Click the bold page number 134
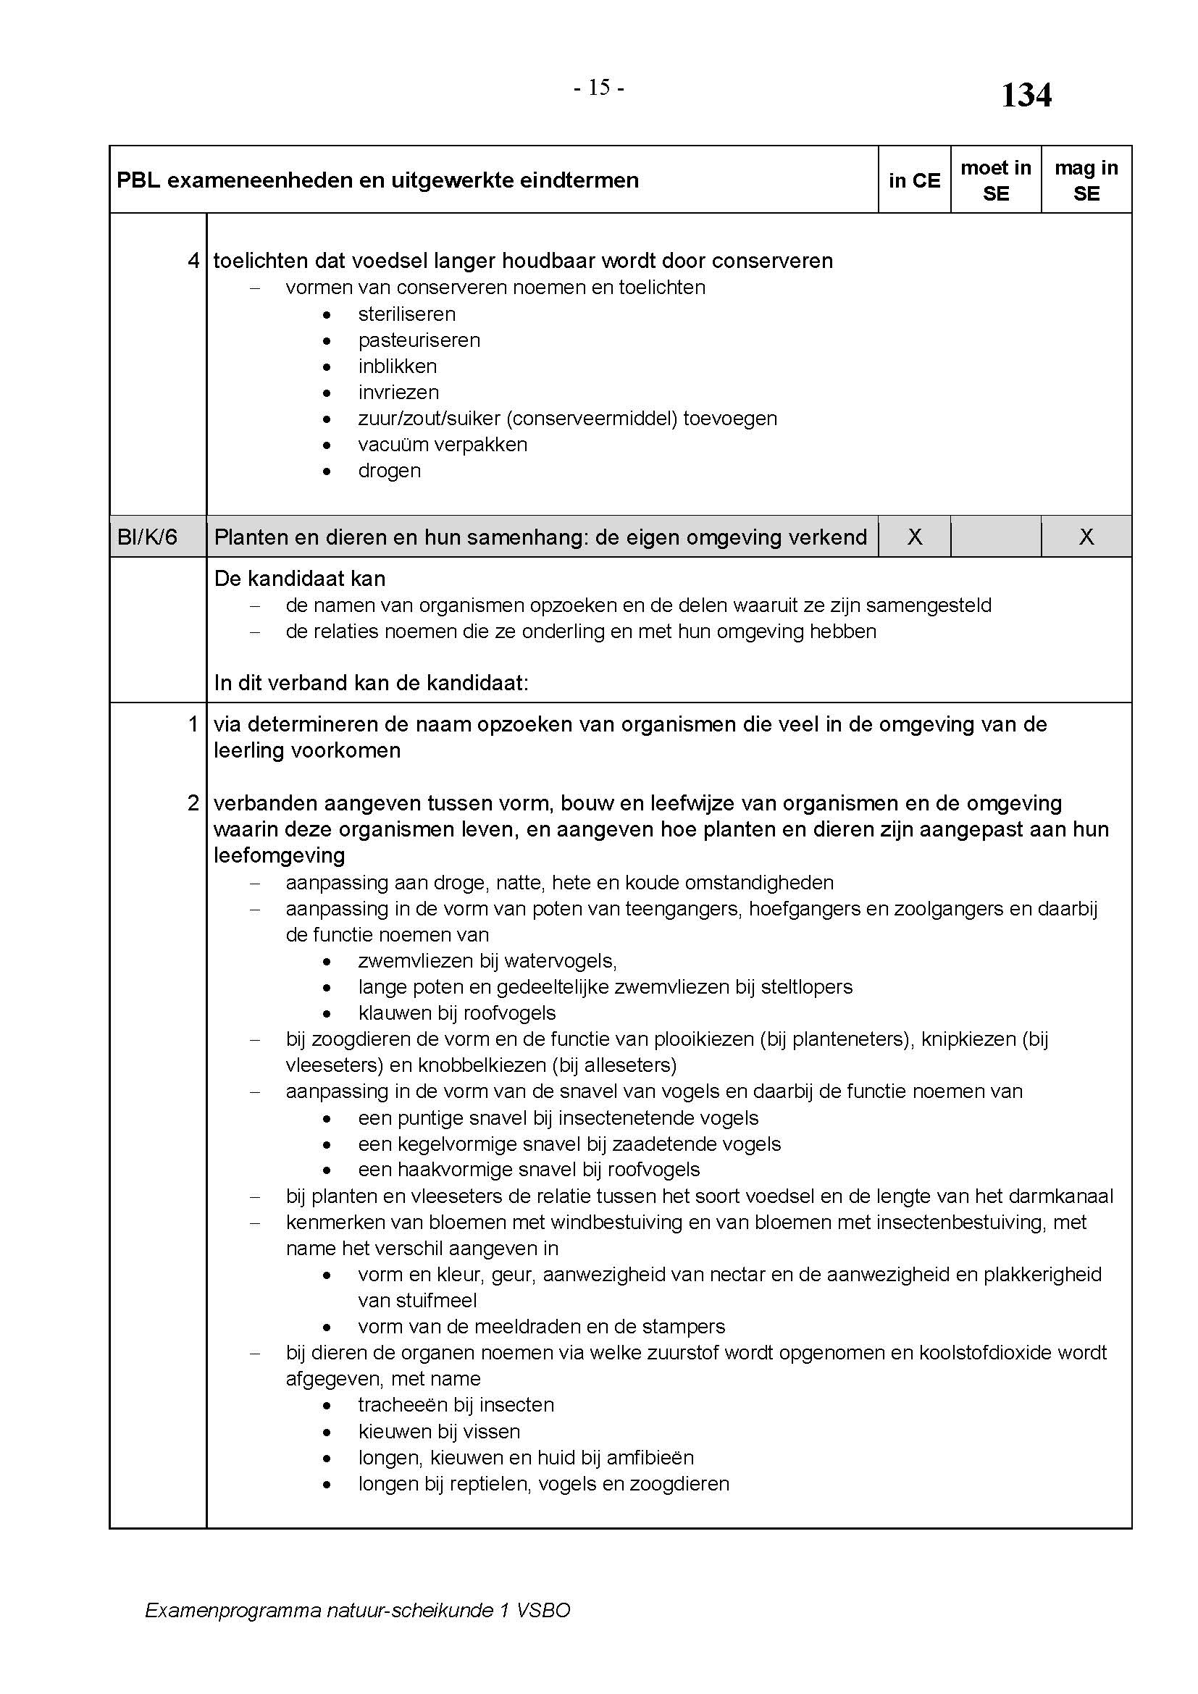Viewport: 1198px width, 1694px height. (1026, 96)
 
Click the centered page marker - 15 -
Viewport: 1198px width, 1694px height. (599, 88)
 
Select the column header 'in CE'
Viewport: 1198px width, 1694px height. (914, 181)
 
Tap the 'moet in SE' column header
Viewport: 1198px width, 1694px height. (995, 181)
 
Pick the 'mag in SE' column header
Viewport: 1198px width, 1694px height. (1086, 181)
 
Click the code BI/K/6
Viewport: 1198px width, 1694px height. (148, 537)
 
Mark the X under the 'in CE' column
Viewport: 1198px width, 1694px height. (914, 537)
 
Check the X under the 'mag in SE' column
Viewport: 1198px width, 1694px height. (1086, 537)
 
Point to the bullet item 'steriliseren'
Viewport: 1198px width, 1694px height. (406, 314)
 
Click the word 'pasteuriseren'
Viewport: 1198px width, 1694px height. (419, 340)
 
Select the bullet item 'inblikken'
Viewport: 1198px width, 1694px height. (397, 366)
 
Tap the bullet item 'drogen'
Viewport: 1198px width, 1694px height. (389, 471)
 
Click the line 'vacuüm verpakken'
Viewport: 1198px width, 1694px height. (443, 445)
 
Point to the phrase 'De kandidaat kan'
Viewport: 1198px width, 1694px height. (300, 579)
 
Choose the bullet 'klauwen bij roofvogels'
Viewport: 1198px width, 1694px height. (456, 1013)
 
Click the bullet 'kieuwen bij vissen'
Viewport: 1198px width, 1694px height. (439, 1432)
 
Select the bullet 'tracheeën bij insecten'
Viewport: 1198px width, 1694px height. (456, 1405)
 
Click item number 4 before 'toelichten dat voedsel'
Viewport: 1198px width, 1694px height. (193, 261)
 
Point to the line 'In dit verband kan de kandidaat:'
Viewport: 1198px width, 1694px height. (371, 683)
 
